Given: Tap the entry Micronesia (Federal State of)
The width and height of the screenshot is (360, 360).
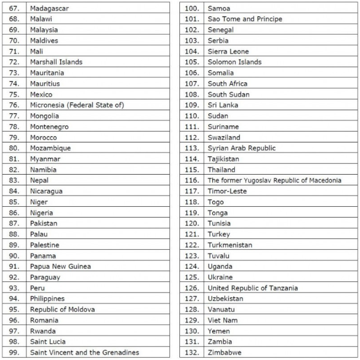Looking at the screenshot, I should (x=77, y=105).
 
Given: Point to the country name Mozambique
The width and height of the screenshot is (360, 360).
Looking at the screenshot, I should (x=50, y=148).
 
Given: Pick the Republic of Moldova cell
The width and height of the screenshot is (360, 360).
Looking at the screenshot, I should (x=63, y=309).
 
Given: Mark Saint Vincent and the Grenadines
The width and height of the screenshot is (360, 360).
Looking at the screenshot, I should (x=84, y=352).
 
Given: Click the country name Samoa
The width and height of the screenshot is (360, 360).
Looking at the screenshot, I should (x=219, y=8).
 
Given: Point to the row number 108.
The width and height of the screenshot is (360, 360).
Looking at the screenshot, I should (x=192, y=94).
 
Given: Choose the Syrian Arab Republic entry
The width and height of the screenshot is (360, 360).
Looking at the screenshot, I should (x=241, y=148).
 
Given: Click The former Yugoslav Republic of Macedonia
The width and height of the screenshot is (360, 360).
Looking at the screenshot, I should (x=274, y=180).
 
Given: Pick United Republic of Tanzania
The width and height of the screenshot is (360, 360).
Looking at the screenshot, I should (x=253, y=288).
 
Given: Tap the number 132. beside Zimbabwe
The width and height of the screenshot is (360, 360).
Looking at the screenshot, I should (x=192, y=352).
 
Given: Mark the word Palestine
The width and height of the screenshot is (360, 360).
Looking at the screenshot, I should (x=45, y=245).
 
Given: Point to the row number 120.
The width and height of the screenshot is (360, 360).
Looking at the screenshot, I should (x=192, y=224).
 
